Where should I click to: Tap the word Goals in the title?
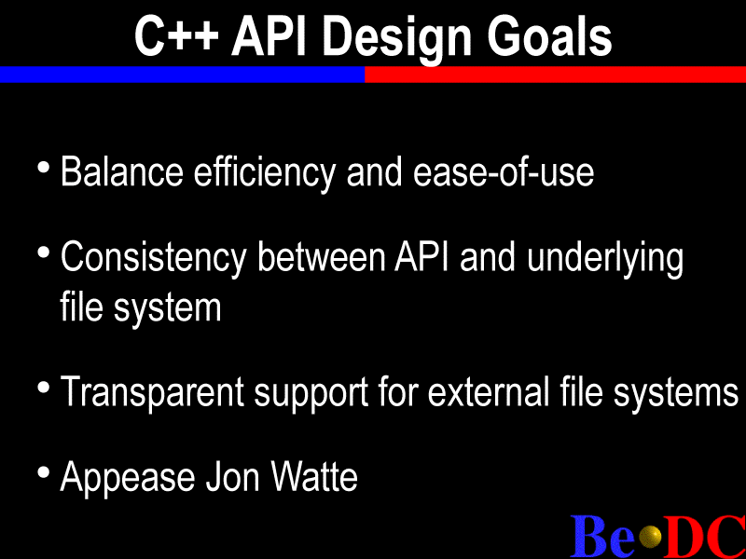tap(549, 36)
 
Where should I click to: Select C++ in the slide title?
tap(176, 36)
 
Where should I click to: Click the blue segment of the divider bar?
tap(182, 75)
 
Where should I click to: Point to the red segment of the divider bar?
tap(555, 75)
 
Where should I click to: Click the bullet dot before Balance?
tap(44, 168)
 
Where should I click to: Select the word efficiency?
tap(265, 173)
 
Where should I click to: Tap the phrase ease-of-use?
tap(504, 172)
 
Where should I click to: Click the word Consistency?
tap(153, 259)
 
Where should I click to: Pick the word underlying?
tap(605, 259)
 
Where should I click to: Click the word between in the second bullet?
tap(321, 257)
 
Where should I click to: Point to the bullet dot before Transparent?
tap(44, 387)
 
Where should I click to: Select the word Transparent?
tap(152, 392)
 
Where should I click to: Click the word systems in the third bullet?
tap(675, 393)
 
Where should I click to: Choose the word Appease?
tap(128, 478)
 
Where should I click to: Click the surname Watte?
tap(314, 476)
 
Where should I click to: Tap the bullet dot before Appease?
tap(44, 472)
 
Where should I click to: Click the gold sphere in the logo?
tap(650, 538)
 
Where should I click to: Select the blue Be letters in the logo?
tap(602, 536)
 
